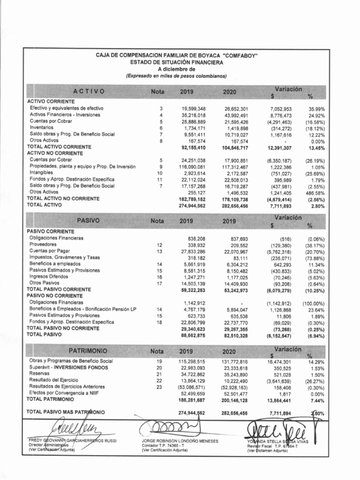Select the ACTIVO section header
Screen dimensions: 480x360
point(89,91)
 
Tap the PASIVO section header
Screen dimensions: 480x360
point(89,220)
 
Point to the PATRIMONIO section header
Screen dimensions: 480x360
point(89,351)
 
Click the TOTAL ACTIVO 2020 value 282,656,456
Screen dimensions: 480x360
point(235,205)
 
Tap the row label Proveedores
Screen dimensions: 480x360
point(43,245)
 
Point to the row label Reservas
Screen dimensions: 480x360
point(39,374)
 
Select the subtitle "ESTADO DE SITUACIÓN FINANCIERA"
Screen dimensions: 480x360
point(177,62)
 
